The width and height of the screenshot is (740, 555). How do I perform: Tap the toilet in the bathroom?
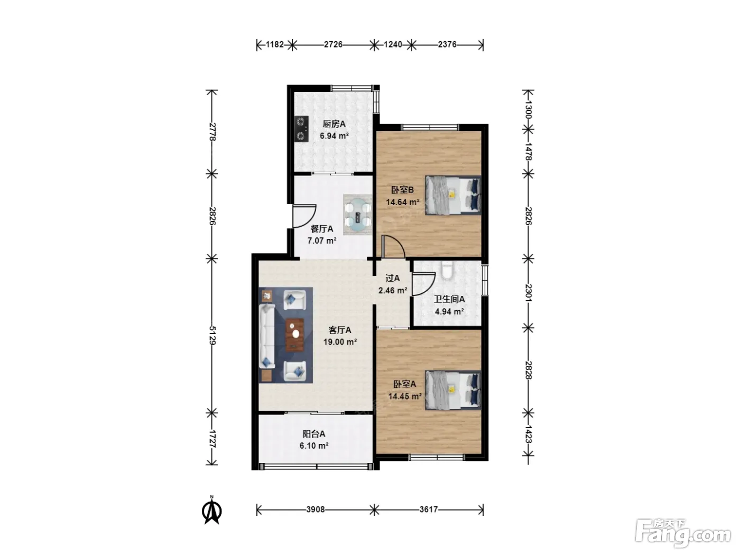click(447, 270)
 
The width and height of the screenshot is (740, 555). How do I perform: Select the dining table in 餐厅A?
click(358, 215)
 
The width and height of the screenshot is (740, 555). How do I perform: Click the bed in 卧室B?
click(453, 195)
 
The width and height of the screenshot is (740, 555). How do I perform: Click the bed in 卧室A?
click(453, 390)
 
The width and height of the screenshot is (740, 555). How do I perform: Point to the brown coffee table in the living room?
click(294, 335)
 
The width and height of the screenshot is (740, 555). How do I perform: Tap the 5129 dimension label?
click(212, 335)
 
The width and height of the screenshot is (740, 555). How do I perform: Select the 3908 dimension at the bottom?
click(316, 509)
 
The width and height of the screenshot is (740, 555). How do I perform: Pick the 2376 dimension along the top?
click(447, 44)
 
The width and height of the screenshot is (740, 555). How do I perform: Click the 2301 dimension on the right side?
click(528, 293)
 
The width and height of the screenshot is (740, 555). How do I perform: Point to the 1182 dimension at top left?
click(275, 44)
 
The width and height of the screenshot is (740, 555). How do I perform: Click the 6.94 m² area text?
click(334, 136)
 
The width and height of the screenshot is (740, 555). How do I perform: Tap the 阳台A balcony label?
click(314, 433)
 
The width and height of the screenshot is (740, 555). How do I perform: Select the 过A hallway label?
click(392, 278)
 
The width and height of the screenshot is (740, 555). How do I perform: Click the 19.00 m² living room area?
click(340, 342)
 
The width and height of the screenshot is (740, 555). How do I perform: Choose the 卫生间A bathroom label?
click(449, 299)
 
